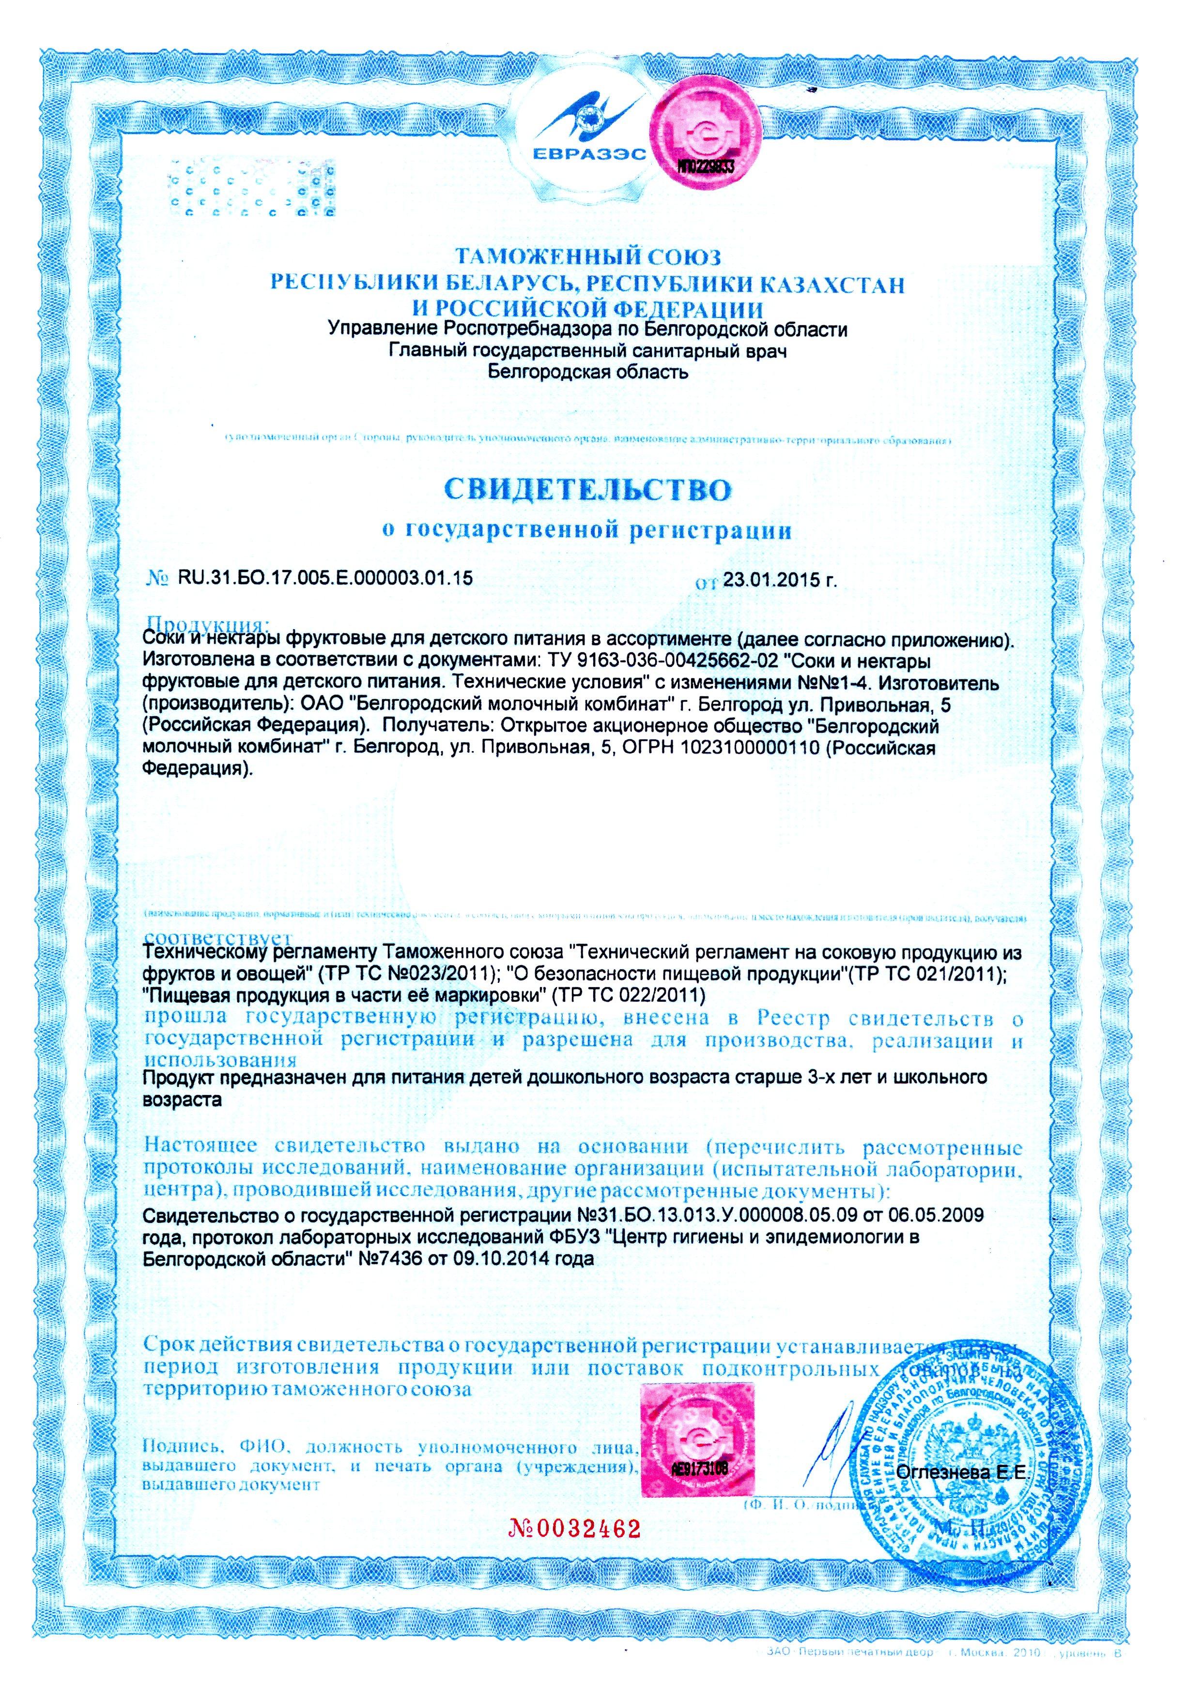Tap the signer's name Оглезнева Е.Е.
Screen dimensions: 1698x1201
tap(962, 1473)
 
